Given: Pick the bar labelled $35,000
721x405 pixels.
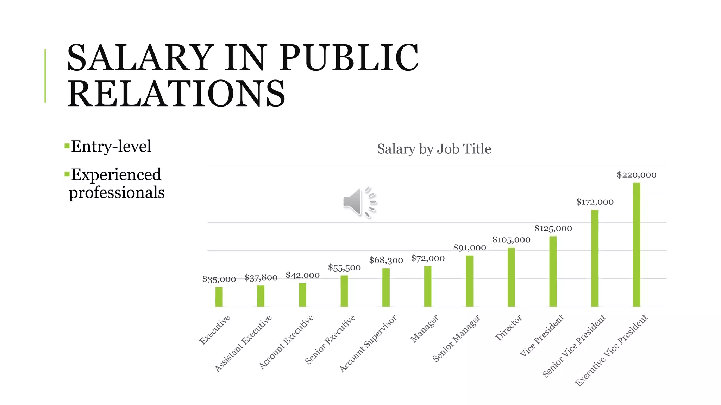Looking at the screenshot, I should click(219, 297).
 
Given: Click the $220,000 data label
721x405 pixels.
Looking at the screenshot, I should click(636, 175).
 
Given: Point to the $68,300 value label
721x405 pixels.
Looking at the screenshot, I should click(386, 260).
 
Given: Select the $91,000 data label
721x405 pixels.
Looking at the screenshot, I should click(469, 247).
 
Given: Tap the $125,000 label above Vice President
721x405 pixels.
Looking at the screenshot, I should click(553, 228).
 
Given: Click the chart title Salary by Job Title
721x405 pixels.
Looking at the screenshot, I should click(434, 149).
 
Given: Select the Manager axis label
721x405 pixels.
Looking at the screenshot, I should click(425, 329).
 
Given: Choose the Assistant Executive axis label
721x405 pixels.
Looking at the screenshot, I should click(243, 343).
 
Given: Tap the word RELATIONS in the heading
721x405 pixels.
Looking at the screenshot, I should click(176, 94).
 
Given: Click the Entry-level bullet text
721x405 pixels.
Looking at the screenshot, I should click(111, 146).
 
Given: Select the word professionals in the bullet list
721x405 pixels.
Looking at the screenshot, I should click(117, 192).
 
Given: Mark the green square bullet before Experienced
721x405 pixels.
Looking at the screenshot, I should click(67, 174).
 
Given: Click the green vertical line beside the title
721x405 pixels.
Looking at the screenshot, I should click(45, 76).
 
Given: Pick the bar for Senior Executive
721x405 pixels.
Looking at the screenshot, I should click(344, 291).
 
